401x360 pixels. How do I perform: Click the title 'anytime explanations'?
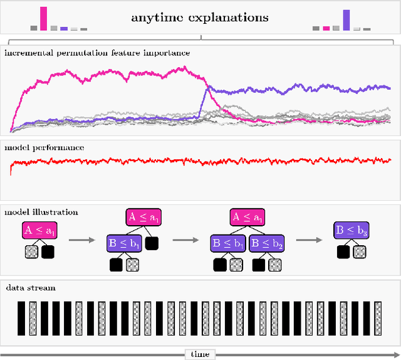click(x=200, y=17)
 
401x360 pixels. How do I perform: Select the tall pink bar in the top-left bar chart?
click(x=43, y=19)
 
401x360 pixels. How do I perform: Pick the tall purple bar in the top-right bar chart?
click(x=346, y=20)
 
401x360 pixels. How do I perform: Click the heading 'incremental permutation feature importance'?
click(x=97, y=53)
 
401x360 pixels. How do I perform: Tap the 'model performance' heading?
click(x=44, y=148)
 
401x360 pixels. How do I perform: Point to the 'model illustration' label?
click(x=42, y=213)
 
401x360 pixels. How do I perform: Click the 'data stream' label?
click(x=31, y=288)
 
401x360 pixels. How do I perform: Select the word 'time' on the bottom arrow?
click(x=200, y=354)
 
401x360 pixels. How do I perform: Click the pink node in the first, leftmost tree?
click(x=39, y=231)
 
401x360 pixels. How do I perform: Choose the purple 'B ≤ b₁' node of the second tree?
click(x=125, y=241)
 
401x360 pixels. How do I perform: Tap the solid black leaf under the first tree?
click(x=48, y=252)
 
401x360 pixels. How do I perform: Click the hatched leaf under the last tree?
click(x=359, y=252)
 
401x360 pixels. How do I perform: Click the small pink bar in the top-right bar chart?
click(x=326, y=28)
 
